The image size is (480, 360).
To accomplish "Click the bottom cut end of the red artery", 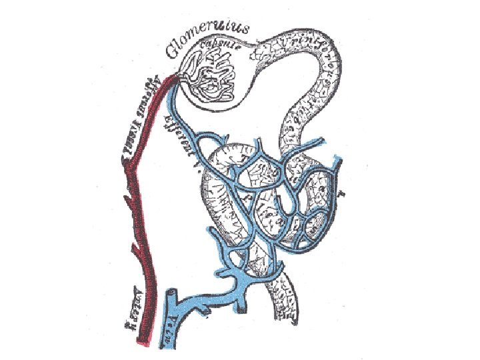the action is [x=145, y=341].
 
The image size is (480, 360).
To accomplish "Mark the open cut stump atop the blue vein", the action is [x=173, y=293].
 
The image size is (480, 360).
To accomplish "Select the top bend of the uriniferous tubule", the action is [x=287, y=37].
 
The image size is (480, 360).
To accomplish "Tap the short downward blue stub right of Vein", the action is [x=237, y=311].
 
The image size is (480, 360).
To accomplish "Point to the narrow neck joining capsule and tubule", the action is [x=253, y=47].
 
